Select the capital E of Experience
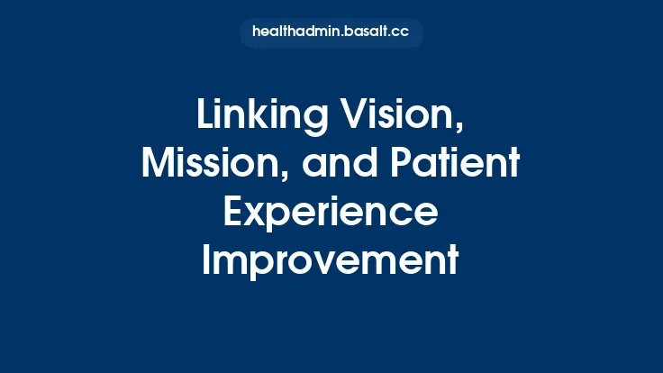pos(232,214)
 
